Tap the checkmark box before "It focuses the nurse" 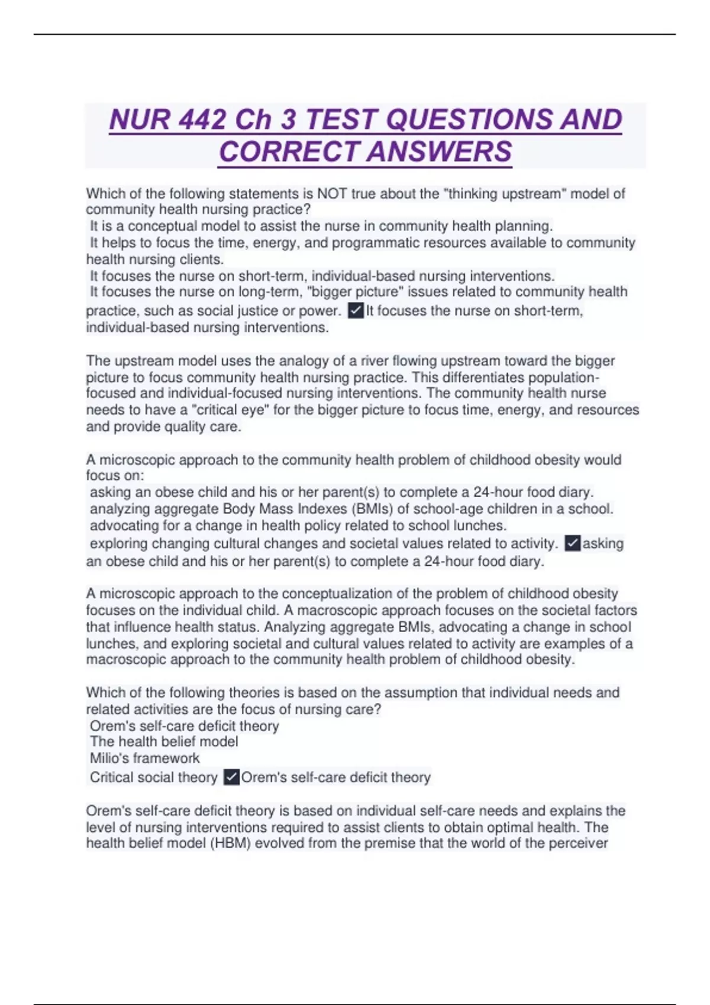point(356,310)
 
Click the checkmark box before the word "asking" point(572,543)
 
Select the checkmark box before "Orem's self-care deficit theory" point(232,777)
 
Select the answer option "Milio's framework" point(144,758)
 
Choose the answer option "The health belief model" point(164,741)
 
